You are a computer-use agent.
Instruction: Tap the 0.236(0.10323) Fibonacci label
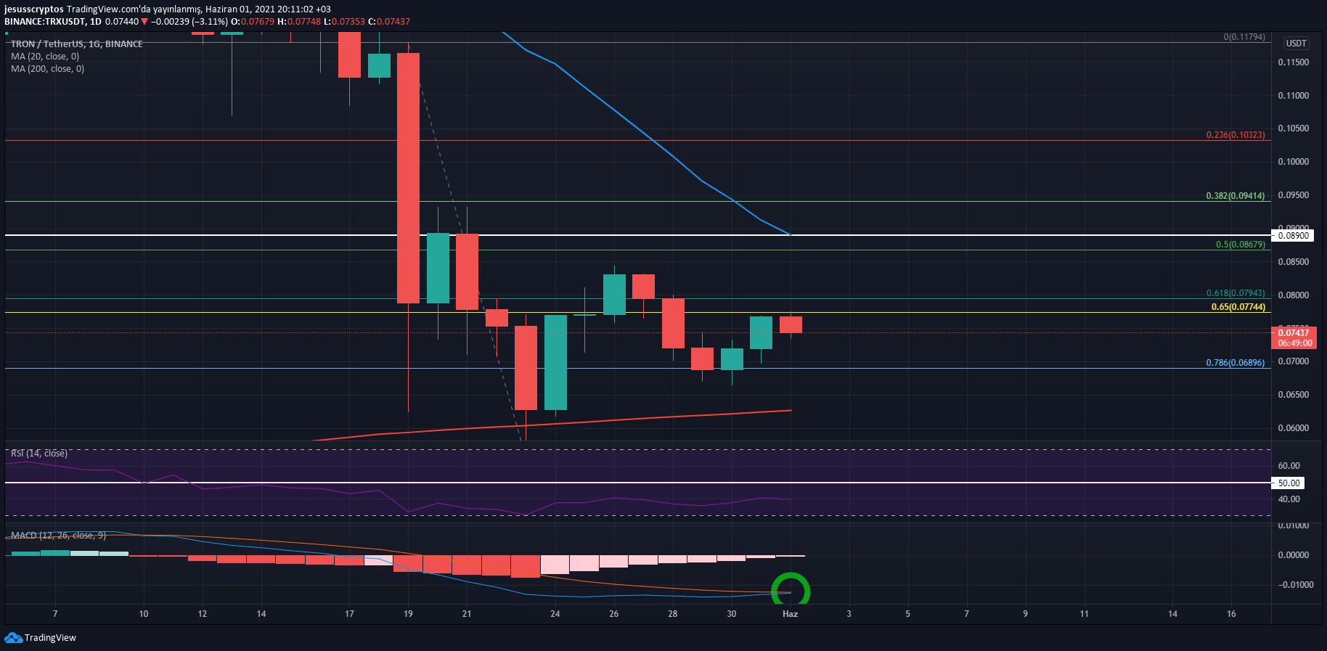click(x=1235, y=135)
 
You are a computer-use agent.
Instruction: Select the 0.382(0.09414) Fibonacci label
click(x=1235, y=196)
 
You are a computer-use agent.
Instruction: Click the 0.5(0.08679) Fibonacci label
click(x=1240, y=245)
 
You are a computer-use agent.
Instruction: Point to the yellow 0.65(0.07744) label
click(x=1238, y=307)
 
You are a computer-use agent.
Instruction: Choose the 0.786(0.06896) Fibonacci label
click(x=1235, y=363)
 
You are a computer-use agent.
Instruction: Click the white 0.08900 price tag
click(x=1293, y=235)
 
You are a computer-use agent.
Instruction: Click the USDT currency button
click(x=1296, y=44)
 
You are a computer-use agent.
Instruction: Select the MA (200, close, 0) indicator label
click(x=47, y=69)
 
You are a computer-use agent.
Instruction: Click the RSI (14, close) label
click(x=39, y=454)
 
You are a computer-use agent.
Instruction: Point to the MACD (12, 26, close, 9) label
click(x=58, y=536)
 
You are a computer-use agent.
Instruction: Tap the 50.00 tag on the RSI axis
click(x=1289, y=483)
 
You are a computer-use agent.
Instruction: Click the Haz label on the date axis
click(x=790, y=614)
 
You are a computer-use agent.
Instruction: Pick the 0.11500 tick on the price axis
click(x=1293, y=62)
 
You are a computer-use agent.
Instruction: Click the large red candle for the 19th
click(x=408, y=178)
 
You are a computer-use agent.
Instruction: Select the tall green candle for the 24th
click(x=555, y=362)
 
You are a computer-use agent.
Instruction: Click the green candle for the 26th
click(x=614, y=294)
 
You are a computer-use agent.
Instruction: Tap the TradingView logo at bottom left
click(x=41, y=638)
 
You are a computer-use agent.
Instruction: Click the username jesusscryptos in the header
click(x=34, y=9)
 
